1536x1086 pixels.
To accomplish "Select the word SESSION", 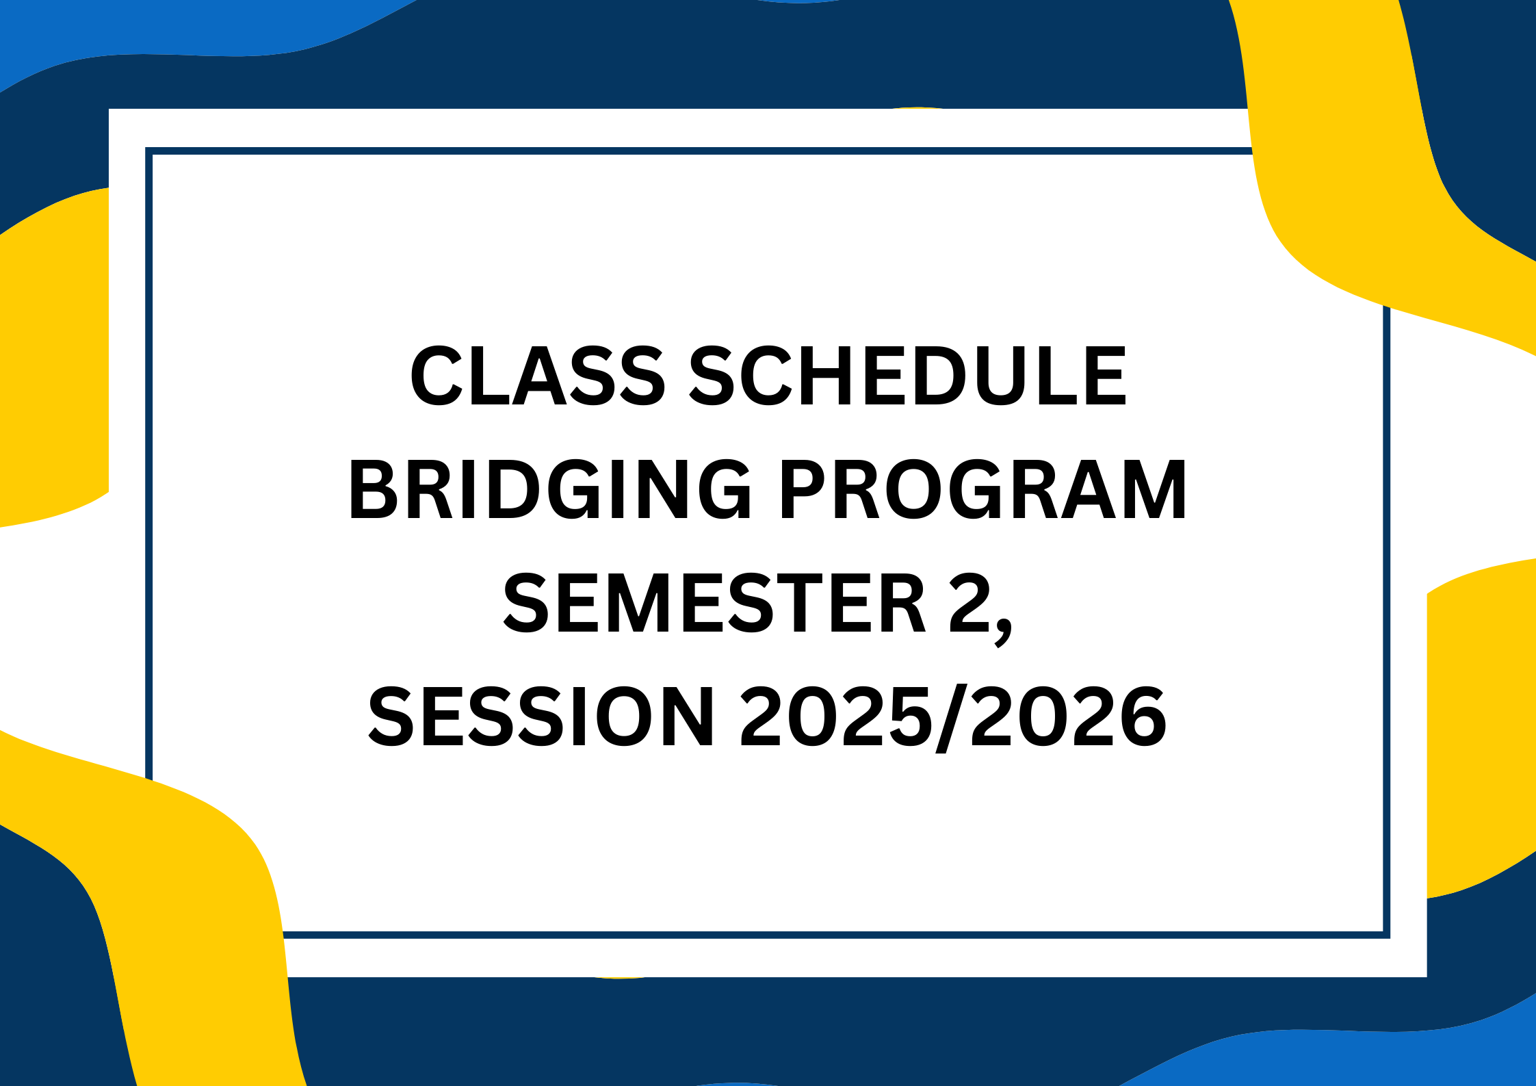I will (541, 717).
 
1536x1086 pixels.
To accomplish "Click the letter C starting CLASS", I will (436, 376).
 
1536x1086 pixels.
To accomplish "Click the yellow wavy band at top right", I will (1341, 171).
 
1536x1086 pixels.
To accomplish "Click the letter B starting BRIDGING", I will (373, 489).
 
